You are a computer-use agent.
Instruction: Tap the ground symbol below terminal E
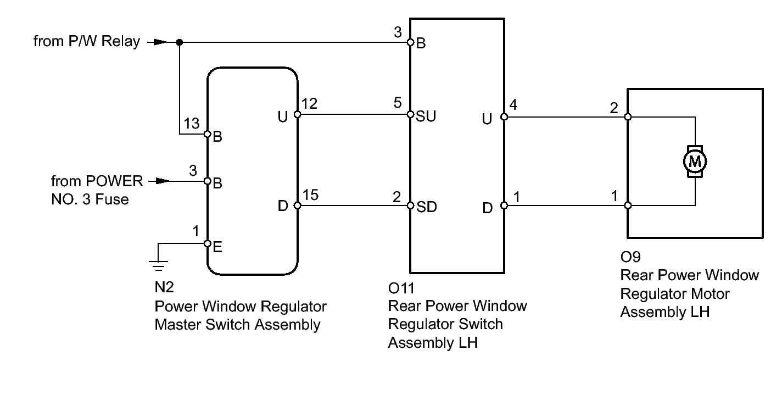tap(158, 265)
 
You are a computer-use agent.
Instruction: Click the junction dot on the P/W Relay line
tap(180, 42)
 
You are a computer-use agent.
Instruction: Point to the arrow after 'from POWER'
tap(158, 181)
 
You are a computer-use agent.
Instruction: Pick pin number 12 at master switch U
tap(310, 104)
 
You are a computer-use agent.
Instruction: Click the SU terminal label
tap(426, 117)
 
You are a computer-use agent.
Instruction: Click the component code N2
tap(164, 288)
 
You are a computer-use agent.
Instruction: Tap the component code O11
tap(400, 287)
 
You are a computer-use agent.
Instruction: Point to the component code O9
tap(630, 257)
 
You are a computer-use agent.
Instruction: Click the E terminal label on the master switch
tap(217, 248)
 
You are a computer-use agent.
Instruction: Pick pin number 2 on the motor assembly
tap(614, 107)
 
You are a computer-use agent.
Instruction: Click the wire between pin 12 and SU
tap(354, 115)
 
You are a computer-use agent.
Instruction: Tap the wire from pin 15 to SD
tap(354, 206)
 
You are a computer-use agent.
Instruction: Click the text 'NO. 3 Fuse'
tap(90, 199)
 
